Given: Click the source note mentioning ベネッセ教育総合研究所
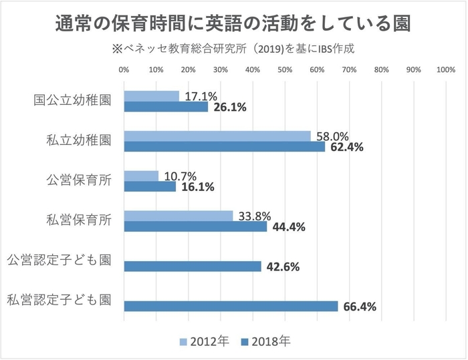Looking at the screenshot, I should (233, 49).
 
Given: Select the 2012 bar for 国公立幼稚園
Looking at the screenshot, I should (152, 96).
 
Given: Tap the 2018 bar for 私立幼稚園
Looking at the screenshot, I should (225, 146).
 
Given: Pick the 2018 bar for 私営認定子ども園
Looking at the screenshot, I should (231, 307).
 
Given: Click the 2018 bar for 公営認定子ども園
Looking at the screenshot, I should (193, 266).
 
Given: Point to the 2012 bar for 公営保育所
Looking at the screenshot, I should (141, 176).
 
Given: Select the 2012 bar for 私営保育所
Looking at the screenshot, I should (179, 216).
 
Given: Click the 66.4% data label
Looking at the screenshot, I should (360, 307).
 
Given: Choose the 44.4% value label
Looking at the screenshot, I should (287, 227).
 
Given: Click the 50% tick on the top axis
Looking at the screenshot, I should (285, 69).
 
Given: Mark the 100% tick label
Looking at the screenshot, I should (445, 69).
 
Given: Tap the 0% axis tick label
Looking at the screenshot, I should (124, 69).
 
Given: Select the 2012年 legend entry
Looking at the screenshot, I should (205, 341).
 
